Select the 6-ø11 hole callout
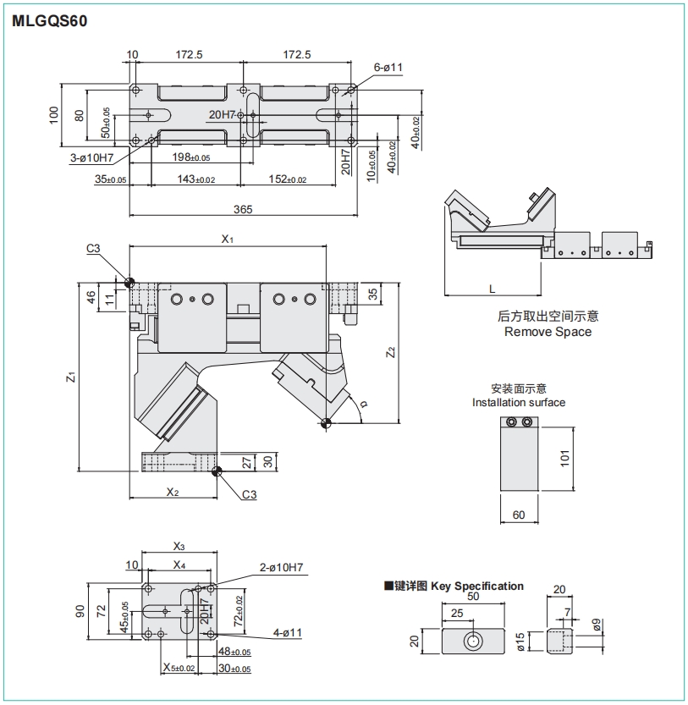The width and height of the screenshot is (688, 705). (388, 67)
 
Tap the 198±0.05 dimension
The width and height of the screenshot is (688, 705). (190, 157)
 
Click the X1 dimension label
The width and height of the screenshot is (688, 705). (227, 240)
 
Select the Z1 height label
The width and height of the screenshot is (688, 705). (72, 377)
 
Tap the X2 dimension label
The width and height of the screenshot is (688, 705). (173, 492)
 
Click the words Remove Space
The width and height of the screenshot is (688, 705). (548, 332)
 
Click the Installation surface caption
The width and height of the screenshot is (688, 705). (519, 402)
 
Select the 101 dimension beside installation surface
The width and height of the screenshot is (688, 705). (565, 457)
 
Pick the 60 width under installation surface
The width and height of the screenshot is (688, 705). (519, 515)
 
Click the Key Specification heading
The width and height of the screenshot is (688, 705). (477, 586)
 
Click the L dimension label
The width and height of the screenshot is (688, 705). (493, 289)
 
